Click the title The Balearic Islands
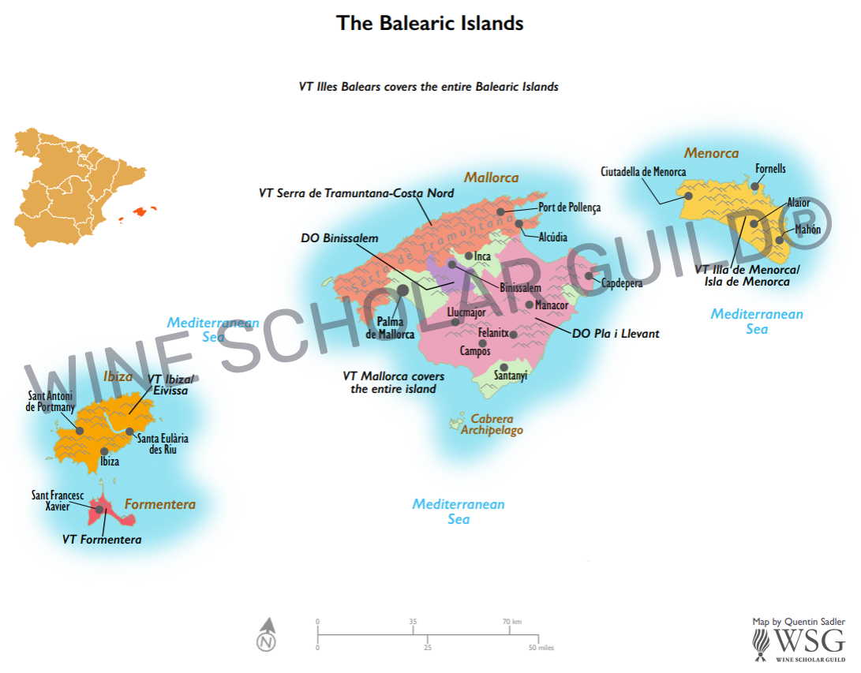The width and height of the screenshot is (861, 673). [x=430, y=23]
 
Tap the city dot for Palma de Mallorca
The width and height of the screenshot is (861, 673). [x=402, y=290]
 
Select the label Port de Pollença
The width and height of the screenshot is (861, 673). [x=569, y=208]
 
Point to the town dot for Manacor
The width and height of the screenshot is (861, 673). [x=529, y=305]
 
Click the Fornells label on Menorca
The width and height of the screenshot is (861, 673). [x=770, y=169]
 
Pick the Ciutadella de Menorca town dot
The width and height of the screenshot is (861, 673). [x=688, y=196]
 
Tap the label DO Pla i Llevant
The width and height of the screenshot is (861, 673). [x=616, y=334]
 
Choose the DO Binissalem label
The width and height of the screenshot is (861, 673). [x=339, y=238]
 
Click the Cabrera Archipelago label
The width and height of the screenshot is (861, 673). [x=492, y=424]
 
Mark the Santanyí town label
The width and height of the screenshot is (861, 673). [x=511, y=376]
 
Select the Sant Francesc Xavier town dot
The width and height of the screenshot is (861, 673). [x=99, y=510]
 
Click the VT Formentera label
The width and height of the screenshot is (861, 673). [x=102, y=540]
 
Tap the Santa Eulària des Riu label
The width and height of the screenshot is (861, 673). [x=163, y=444]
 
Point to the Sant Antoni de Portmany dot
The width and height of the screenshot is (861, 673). [x=80, y=430]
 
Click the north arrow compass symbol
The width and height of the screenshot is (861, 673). [x=268, y=635]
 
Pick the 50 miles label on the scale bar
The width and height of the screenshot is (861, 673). [x=541, y=648]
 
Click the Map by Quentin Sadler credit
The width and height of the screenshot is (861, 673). [x=799, y=622]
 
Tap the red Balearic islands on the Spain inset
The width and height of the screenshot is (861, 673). [x=143, y=211]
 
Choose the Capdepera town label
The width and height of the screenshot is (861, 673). [x=622, y=282]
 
